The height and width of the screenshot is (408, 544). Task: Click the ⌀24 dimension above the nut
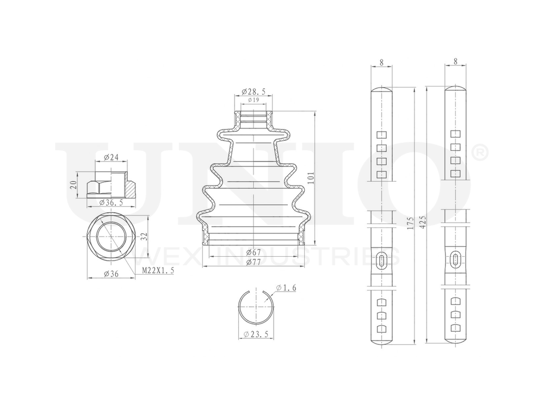pyautogui.click(x=111, y=159)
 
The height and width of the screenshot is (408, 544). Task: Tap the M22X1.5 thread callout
pyautogui.click(x=158, y=270)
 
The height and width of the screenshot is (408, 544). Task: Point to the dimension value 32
pyautogui.click(x=144, y=237)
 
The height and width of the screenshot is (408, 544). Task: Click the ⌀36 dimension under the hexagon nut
pyautogui.click(x=112, y=274)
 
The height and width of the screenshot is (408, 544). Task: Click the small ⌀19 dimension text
pyautogui.click(x=253, y=100)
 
